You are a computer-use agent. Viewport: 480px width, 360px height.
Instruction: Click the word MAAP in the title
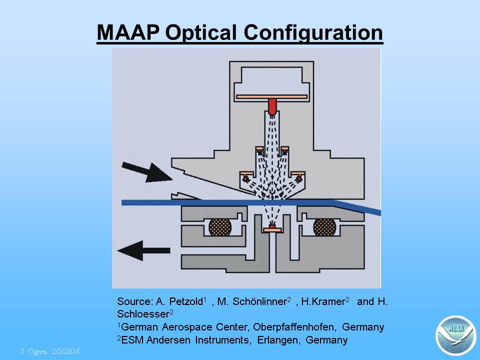pyautogui.click(x=128, y=32)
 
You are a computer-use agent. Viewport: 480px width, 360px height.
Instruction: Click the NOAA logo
pyautogui.click(x=456, y=335)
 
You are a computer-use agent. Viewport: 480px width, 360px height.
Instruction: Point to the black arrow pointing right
pyautogui.click(x=147, y=172)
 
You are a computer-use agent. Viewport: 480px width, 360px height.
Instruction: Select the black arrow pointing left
pyautogui.click(x=143, y=250)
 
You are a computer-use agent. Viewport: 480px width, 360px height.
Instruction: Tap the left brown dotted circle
pyautogui.click(x=220, y=227)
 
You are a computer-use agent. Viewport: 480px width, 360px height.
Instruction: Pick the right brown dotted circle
pyautogui.click(x=325, y=227)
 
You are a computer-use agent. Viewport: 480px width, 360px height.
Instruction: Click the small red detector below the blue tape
pyautogui.click(x=272, y=226)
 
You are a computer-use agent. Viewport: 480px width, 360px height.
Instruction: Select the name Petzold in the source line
pyautogui.click(x=186, y=301)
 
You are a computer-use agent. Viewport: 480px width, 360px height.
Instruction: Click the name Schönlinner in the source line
pyautogui.click(x=259, y=301)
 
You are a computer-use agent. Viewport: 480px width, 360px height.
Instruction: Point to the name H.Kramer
pyautogui.click(x=323, y=301)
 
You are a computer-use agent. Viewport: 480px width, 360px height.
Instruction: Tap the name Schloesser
pyautogui.click(x=143, y=314)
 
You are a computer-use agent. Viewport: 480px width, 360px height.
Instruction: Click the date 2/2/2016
pyautogui.click(x=66, y=351)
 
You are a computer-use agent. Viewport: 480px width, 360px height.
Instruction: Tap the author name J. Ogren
pyautogui.click(x=33, y=351)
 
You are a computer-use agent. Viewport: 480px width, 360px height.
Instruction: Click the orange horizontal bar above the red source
pyautogui.click(x=272, y=96)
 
